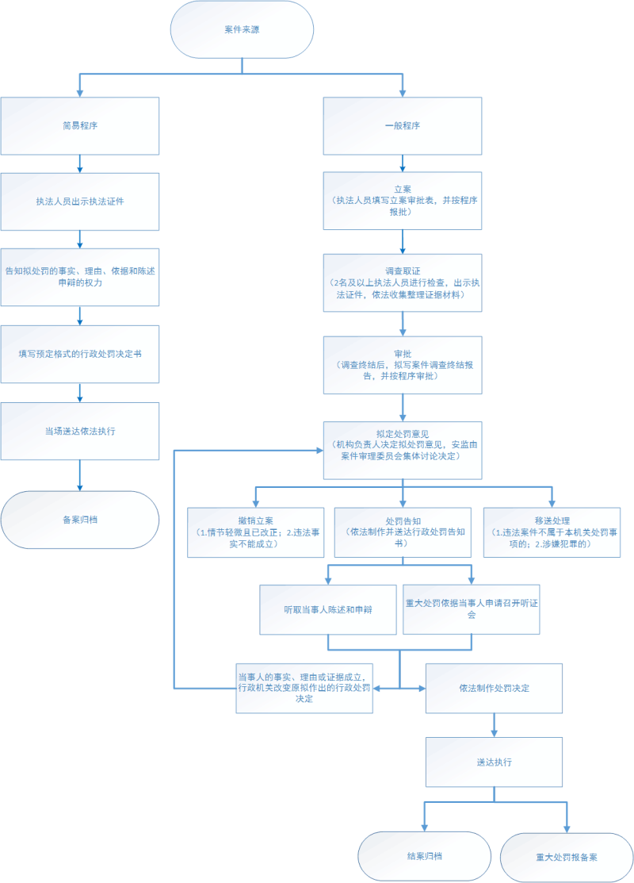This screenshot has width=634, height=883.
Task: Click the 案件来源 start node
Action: click(243, 29)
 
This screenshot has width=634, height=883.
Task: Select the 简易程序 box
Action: click(80, 125)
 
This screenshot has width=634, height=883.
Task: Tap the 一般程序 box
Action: click(403, 125)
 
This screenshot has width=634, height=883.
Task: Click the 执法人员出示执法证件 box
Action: click(80, 201)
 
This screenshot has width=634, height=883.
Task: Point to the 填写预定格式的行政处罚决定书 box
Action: click(80, 353)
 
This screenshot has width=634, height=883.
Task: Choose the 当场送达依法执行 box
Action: click(80, 431)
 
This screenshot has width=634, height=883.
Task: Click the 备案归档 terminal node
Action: click(80, 520)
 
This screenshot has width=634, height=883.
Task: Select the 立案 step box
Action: click(403, 202)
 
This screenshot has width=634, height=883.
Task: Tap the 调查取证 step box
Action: click(403, 282)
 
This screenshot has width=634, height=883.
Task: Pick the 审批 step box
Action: click(403, 365)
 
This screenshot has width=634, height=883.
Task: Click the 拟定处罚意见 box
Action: click(403, 450)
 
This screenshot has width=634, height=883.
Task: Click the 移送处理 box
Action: click(552, 532)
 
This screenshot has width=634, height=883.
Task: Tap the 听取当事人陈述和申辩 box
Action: click(328, 609)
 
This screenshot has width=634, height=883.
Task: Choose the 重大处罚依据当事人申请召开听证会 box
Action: click(472, 609)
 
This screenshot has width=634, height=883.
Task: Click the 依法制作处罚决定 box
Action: click(494, 688)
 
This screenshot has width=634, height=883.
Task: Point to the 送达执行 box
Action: click(494, 762)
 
